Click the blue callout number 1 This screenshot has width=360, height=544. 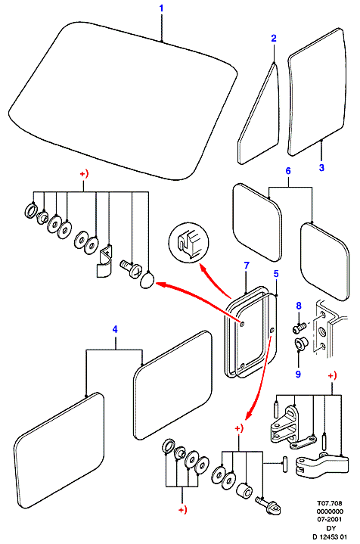pyautogui.click(x=161, y=8)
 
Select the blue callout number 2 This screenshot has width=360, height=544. pyautogui.click(x=274, y=38)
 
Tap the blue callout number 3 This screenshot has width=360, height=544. pyautogui.click(x=321, y=167)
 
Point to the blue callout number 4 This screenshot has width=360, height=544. pyautogui.click(x=115, y=329)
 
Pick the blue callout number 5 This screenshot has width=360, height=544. pyautogui.click(x=276, y=274)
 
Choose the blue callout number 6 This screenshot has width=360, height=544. pyautogui.click(x=288, y=171)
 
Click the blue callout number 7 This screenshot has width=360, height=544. pyautogui.click(x=247, y=266)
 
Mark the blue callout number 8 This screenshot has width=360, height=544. pyautogui.click(x=299, y=306)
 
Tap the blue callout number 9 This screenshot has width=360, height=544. pyautogui.click(x=298, y=374)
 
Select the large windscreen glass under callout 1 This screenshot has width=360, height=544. pyautogui.click(x=123, y=101)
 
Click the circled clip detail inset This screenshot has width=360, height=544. pyautogui.click(x=188, y=243)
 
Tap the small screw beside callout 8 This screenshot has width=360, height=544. pyautogui.click(x=299, y=326)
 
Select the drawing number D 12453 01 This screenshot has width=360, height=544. pyautogui.click(x=330, y=536)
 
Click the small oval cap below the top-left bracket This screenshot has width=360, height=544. pyautogui.click(x=147, y=280)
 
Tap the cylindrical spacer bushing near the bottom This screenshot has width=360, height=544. pyautogui.click(x=244, y=490)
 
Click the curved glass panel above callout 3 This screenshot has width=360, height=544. pyautogui.click(x=317, y=92)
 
